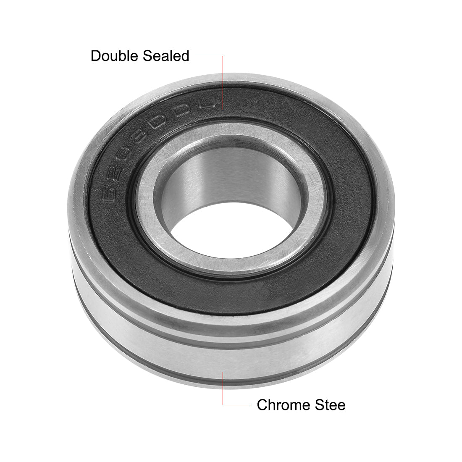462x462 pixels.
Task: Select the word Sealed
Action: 165,56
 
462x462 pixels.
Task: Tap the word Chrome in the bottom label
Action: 281,405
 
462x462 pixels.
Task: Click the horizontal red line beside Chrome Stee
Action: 237,405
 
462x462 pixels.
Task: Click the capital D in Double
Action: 95,56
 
